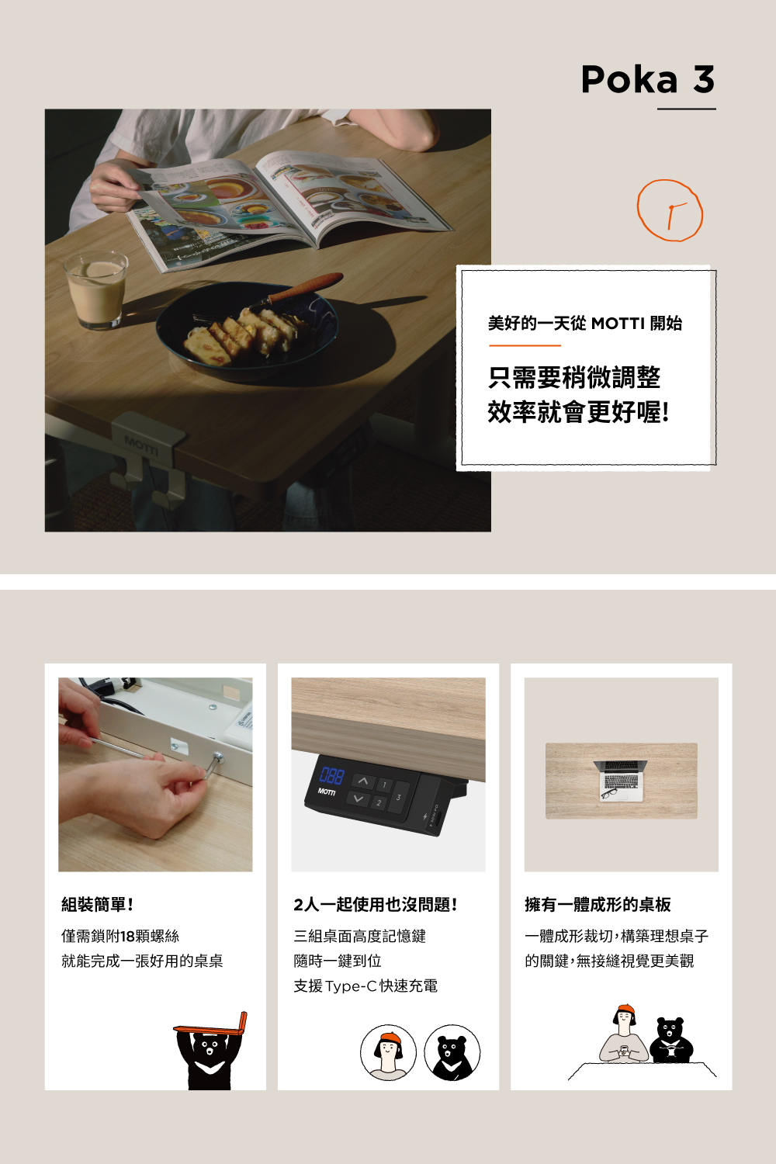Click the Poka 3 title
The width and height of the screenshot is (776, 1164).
(648, 79)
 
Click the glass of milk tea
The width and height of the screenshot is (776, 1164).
(96, 289)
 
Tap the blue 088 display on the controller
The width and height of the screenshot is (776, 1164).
(331, 776)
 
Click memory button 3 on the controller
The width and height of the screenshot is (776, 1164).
(398, 798)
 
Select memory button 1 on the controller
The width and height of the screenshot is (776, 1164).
(384, 785)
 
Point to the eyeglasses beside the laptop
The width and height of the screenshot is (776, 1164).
(609, 794)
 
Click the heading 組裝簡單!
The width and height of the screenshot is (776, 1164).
(98, 905)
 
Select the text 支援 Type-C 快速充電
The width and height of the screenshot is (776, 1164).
(365, 986)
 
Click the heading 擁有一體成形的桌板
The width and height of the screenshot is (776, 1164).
(598, 905)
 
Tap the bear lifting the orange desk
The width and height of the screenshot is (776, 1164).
(210, 1051)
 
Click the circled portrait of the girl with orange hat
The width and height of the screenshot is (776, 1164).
(388, 1053)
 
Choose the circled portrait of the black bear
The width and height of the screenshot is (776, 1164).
(452, 1053)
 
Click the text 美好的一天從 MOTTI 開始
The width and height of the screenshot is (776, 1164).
(585, 324)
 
